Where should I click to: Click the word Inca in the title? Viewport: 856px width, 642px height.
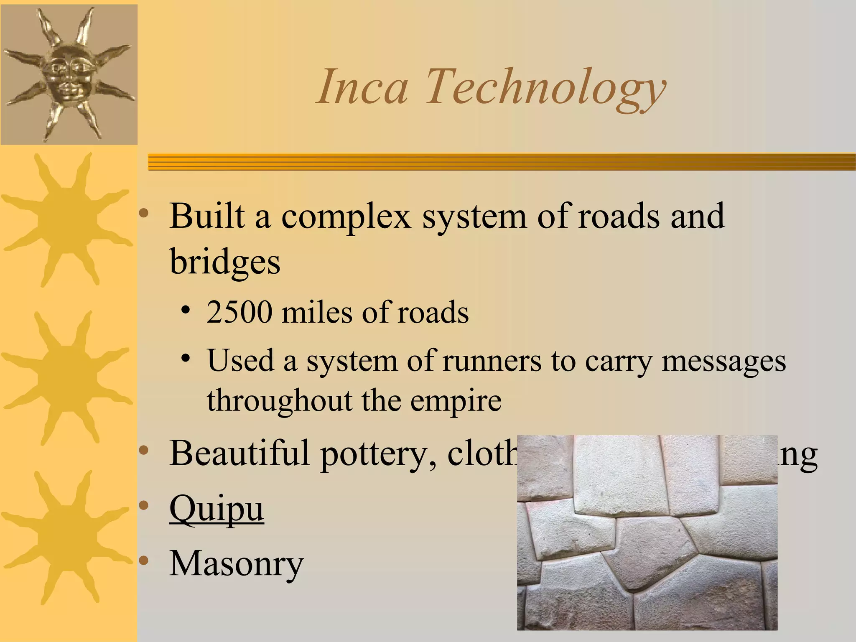point(362,87)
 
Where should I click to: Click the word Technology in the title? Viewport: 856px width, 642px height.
point(545,89)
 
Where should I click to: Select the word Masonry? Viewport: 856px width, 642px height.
point(236,563)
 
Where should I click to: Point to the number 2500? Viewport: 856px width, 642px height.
point(239,312)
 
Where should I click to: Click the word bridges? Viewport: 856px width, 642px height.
point(225,262)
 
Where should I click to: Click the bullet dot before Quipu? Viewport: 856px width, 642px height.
point(144,506)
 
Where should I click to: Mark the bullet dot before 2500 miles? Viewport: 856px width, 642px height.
point(186,311)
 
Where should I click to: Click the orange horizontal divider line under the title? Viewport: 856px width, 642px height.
point(502,162)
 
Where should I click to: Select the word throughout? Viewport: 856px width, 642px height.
point(280,400)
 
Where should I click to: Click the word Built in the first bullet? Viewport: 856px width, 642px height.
point(207,217)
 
